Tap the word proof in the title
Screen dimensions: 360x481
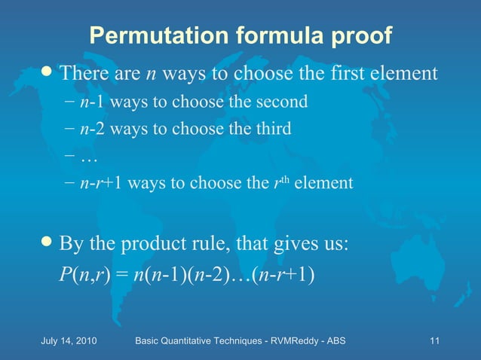[x=356, y=35]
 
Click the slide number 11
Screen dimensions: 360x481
[x=434, y=341]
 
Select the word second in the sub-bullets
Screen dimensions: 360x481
[x=283, y=101]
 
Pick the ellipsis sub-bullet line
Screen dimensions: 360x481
[x=88, y=156]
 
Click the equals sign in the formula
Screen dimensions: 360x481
[x=121, y=273]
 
